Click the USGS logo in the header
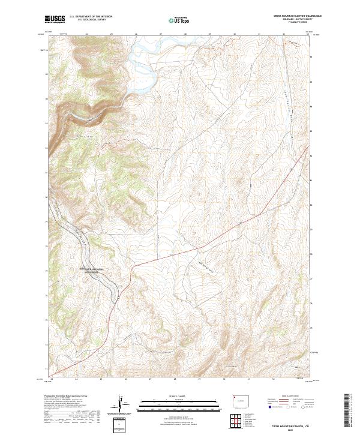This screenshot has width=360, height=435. click(55, 20)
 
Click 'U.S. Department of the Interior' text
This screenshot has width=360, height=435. click(91, 17)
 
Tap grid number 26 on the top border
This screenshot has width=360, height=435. click(136, 34)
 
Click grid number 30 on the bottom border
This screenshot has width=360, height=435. click(223, 379)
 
